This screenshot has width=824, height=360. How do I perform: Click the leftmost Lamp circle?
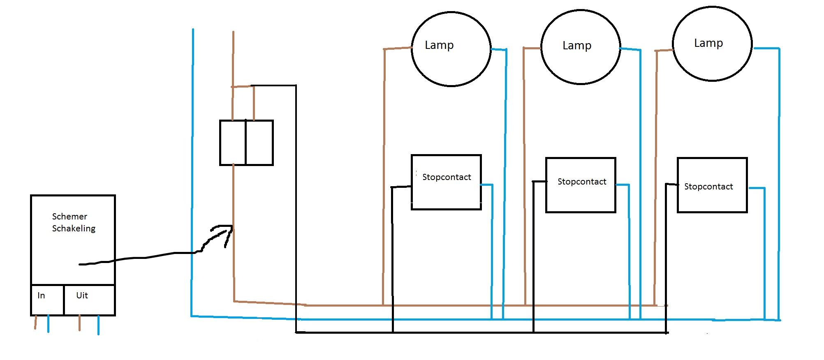451,62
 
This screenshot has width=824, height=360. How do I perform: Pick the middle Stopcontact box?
581,197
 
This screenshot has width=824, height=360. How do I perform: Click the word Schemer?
69,217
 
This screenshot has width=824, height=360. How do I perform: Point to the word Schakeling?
74,228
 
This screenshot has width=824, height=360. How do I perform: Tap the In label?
41,295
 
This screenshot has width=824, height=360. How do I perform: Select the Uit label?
82,295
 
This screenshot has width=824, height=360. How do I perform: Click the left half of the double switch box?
233,143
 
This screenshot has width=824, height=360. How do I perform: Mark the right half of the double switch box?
259,143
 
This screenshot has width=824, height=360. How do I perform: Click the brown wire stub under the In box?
36,322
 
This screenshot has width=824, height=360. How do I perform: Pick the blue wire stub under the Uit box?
98,325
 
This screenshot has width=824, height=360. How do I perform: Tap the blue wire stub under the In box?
48,323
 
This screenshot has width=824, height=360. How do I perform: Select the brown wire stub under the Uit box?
79,323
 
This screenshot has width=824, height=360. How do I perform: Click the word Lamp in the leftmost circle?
439,45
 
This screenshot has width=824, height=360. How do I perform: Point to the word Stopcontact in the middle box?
582,182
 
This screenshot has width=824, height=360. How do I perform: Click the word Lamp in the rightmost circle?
708,43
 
